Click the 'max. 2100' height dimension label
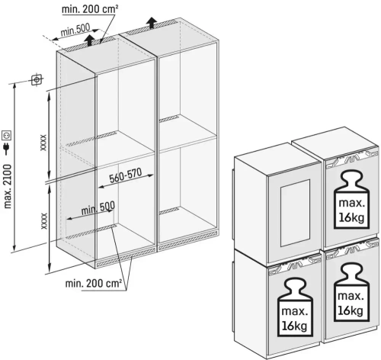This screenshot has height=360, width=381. (8, 186)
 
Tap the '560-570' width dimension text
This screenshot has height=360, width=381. (126, 175)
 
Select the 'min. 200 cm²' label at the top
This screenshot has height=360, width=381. (90, 9)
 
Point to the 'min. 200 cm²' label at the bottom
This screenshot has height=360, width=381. (94, 283)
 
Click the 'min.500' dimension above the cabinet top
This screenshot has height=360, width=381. (75, 30)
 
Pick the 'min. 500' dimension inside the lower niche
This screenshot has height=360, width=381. (98, 208)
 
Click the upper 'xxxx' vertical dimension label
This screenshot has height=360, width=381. (43, 143)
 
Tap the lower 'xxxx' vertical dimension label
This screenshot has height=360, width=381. (44, 220)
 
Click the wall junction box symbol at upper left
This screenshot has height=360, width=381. (37, 80)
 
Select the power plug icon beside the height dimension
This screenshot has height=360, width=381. (7, 148)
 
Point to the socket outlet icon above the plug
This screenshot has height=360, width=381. (7, 135)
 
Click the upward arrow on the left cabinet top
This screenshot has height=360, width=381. (90, 40)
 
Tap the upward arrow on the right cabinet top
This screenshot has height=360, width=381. (152, 22)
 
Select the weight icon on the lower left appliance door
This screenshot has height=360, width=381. (295, 307)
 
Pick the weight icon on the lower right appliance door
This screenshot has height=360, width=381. (351, 292)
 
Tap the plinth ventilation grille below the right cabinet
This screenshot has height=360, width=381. (187, 240)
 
